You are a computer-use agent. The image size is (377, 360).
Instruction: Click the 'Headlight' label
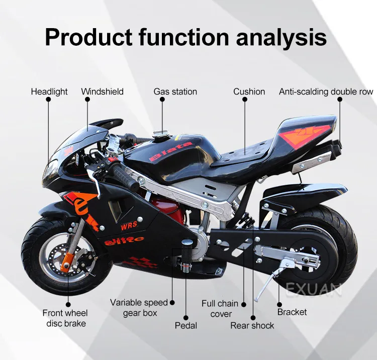pos(49,91)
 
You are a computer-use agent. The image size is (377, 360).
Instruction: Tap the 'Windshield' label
pos(102,91)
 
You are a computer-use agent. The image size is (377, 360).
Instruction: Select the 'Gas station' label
pos(175,91)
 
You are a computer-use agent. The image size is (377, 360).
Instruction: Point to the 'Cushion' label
pos(249,91)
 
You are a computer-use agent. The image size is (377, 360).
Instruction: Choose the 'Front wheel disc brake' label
pos(66,318)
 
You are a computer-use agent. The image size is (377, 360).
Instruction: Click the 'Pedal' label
pos(185,325)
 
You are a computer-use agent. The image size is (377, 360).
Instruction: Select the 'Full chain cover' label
pos(220,309)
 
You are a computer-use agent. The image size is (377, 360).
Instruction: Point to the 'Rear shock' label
pos(252,325)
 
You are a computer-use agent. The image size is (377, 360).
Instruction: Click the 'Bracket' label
pos(292,312)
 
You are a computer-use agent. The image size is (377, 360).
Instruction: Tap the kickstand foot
pos(258,299)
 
